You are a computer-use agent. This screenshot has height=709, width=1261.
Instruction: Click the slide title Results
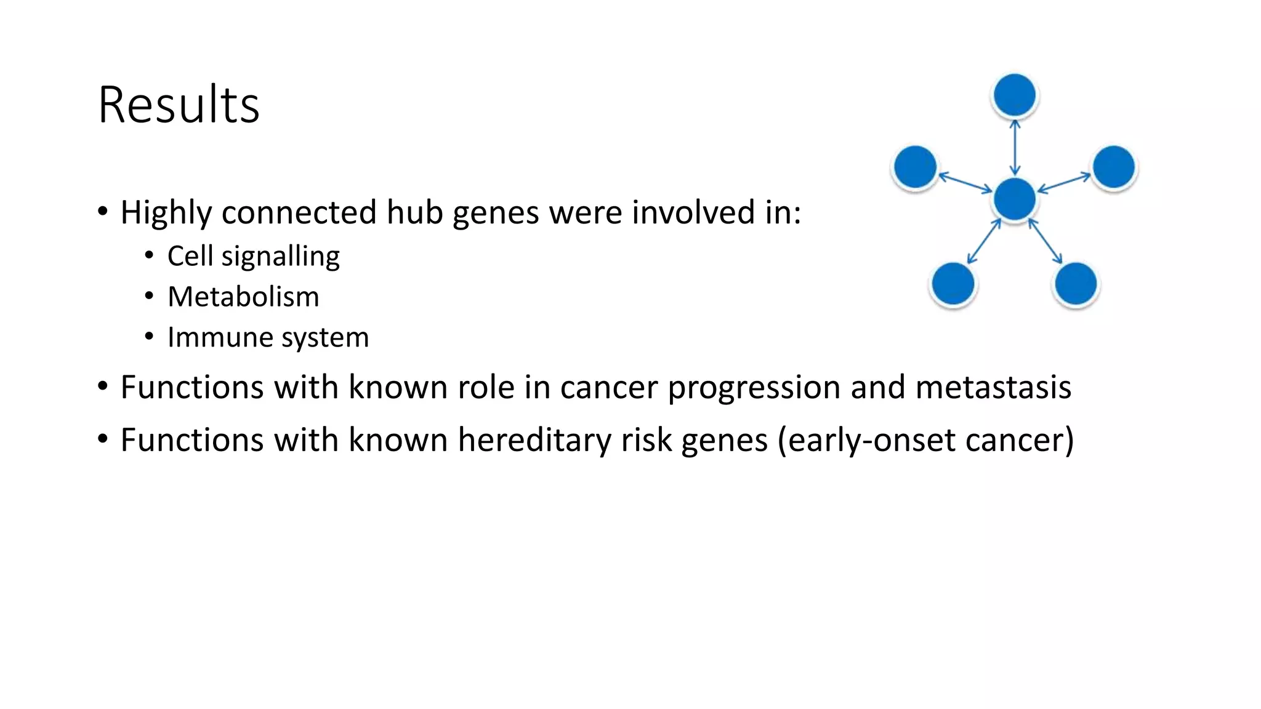click(179, 105)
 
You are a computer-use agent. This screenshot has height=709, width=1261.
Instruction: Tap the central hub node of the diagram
click(1014, 199)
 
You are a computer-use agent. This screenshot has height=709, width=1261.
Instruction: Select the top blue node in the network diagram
click(1014, 95)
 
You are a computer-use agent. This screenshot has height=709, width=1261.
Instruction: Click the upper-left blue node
click(915, 167)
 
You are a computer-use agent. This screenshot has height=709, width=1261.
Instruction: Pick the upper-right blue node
click(1113, 167)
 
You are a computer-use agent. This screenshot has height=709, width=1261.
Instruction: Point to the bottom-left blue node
click(953, 284)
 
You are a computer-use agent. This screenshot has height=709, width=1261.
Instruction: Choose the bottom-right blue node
click(1076, 284)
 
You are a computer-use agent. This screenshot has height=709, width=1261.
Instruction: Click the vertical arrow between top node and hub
click(1015, 148)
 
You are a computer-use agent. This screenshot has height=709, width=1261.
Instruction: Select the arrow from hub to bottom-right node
click(1045, 241)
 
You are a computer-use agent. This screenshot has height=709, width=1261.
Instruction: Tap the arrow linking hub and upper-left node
click(965, 183)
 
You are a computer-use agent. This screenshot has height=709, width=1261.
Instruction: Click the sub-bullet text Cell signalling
click(253, 256)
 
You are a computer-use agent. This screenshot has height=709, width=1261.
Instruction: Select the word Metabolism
click(243, 297)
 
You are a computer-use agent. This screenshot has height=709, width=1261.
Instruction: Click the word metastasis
click(993, 387)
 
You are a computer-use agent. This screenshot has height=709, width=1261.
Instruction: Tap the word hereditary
click(534, 440)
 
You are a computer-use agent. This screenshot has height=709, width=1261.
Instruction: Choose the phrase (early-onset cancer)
click(925, 440)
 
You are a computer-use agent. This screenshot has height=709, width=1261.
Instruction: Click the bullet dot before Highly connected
click(103, 212)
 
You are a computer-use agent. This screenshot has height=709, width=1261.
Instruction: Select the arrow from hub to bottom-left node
click(983, 241)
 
